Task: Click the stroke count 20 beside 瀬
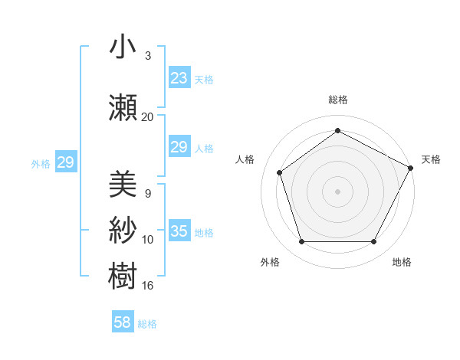[x=147, y=116]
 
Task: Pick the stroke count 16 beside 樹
[x=147, y=286]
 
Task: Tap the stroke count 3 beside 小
[x=147, y=55]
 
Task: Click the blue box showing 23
[x=179, y=78]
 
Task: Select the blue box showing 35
[x=179, y=231]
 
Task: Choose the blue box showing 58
[x=123, y=322]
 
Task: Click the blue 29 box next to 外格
[x=65, y=162]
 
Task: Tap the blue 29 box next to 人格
[x=179, y=147]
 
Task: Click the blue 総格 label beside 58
[x=147, y=324]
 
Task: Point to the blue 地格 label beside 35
[x=204, y=233]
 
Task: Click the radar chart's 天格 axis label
[x=431, y=159]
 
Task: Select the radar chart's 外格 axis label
[x=270, y=262]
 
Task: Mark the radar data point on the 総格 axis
[x=337, y=130]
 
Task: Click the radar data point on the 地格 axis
[x=374, y=242]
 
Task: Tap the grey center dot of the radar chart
[x=337, y=191]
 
